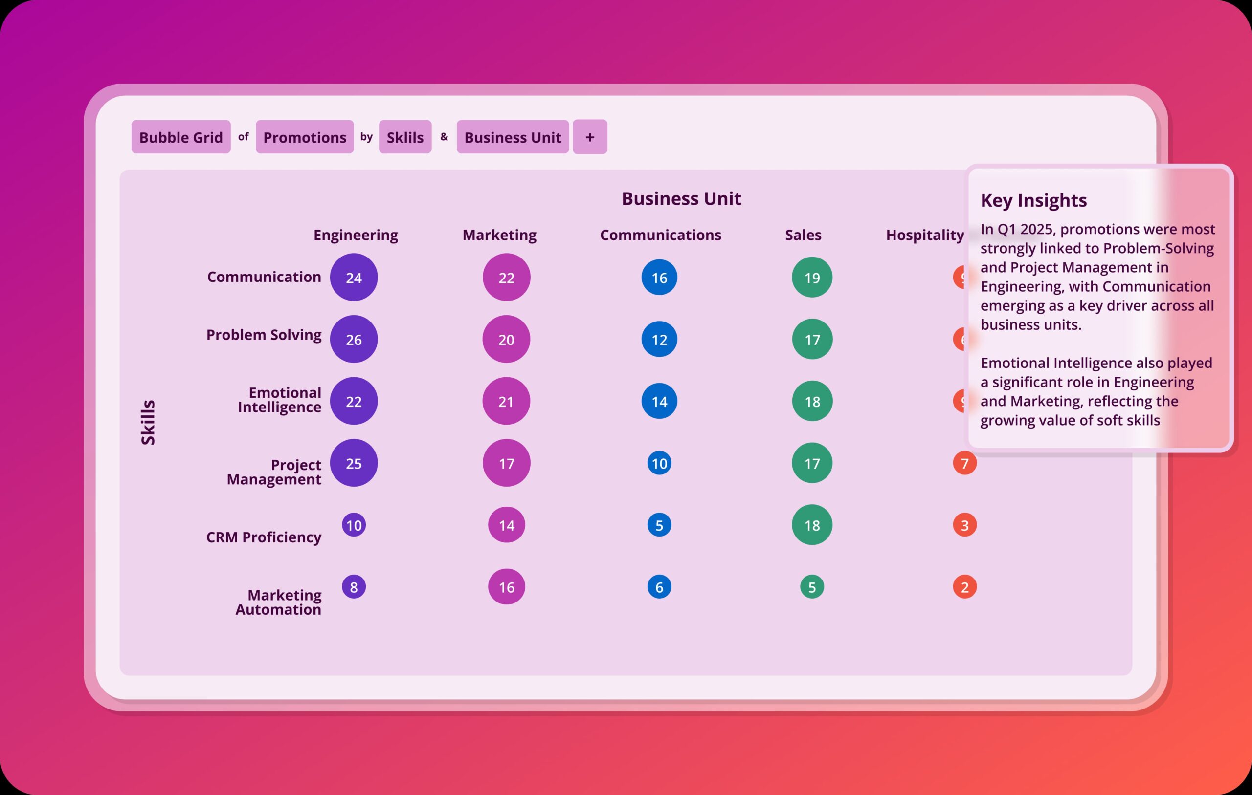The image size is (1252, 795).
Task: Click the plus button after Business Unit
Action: pos(590,137)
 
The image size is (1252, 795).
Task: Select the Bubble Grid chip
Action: pos(180,137)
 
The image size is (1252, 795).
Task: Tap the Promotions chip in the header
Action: pos(304,137)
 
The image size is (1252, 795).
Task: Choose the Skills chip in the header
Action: pos(405,137)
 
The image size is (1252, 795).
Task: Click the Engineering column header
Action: pos(356,235)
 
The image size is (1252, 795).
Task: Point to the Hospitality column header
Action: pos(924,235)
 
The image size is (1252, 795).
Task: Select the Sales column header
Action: pos(803,235)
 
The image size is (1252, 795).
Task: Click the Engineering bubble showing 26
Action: pos(354,339)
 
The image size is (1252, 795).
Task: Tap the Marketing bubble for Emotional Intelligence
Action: pos(506,401)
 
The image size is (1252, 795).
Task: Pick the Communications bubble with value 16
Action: pos(659,278)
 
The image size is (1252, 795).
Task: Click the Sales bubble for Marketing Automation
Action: pos(812,587)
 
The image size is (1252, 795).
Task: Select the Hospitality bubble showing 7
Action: pos(964,463)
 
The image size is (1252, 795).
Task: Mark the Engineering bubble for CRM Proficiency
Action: pos(354,525)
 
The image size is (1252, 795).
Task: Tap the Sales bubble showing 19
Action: pos(812,278)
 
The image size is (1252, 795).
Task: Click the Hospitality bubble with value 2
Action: pos(964,587)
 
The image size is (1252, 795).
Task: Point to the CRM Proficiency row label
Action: pos(264,537)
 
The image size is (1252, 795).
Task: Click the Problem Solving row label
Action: pos(264,335)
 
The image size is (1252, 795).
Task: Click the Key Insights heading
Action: pos(1033,200)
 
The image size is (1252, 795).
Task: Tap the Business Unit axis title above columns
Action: pos(681,198)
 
